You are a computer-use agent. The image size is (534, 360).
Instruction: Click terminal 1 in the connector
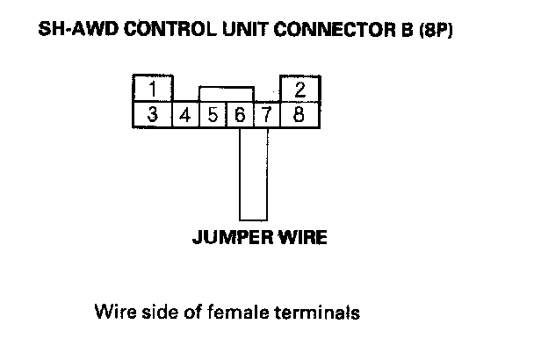coord(152,90)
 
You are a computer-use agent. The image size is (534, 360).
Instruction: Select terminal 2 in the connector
coord(300,90)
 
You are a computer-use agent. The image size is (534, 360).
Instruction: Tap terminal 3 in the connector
coord(152,115)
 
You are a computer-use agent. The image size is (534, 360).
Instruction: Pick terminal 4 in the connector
coord(186,115)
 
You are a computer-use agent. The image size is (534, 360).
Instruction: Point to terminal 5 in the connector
coord(213,115)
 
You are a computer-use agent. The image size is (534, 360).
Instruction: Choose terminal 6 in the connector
coord(240,115)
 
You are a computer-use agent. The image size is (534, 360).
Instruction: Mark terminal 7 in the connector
coord(267,115)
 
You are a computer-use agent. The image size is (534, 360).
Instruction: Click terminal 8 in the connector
coord(300,115)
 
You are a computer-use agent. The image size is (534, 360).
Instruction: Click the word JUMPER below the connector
coord(227,237)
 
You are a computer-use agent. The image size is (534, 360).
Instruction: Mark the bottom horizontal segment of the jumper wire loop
coord(253,218)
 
